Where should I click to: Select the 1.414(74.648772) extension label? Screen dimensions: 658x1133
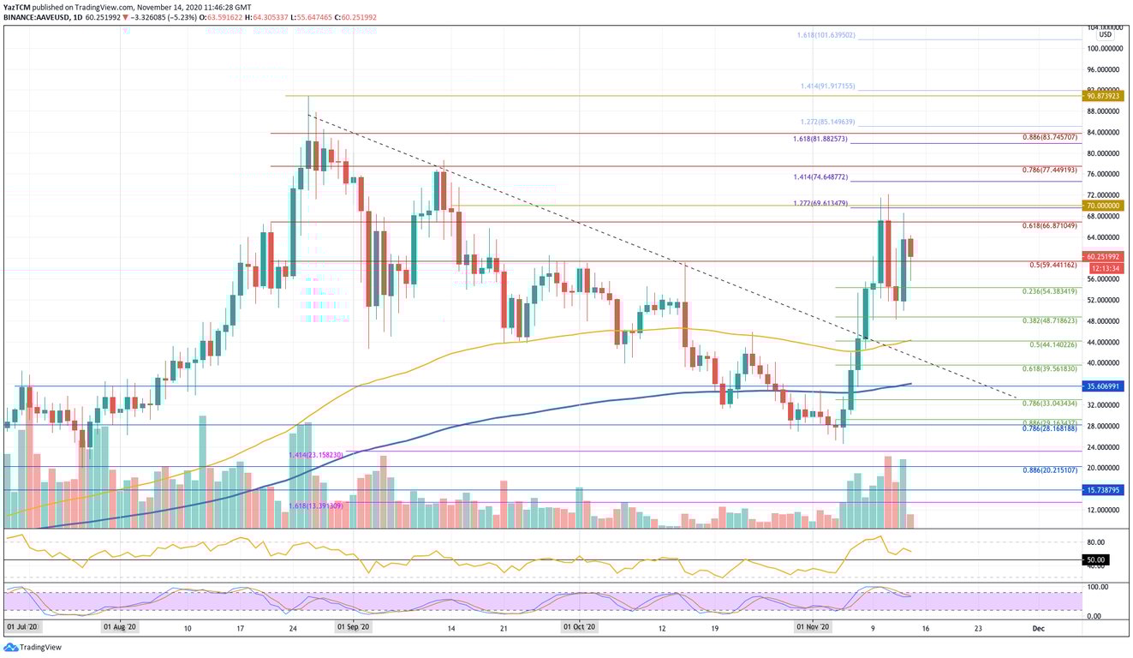point(820,177)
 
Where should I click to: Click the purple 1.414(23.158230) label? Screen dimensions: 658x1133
point(316,455)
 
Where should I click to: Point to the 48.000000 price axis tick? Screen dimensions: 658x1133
point(1104,321)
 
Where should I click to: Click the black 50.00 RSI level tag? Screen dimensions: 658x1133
point(1097,560)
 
